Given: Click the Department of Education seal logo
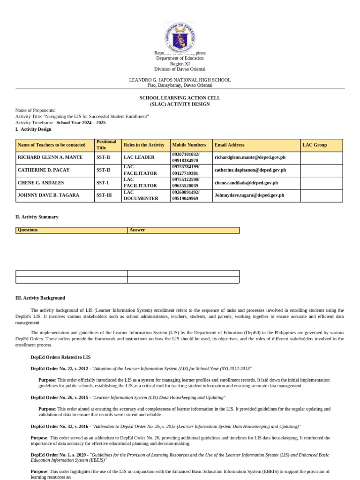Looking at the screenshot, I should pos(180,37).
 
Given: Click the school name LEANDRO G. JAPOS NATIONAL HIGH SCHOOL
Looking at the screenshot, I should pos(180,80).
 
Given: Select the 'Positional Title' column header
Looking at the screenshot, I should pos(106,145).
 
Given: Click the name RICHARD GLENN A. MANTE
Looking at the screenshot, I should pos(50,157).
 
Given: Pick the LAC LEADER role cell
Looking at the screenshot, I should pos(136,157).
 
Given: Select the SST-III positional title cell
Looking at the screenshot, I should pos(104,195).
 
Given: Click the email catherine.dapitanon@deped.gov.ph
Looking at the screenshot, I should pos(250,170).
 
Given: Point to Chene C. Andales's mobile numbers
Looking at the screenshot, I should pos(186,183).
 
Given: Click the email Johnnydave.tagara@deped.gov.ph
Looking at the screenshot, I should pos(249,195).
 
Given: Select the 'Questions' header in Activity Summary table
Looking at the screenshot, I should pos(28,230).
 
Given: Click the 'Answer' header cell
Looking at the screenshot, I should pos(137,230).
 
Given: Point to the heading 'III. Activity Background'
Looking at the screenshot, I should pos(40,298).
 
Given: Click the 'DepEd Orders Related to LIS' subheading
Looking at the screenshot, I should pos(60,357).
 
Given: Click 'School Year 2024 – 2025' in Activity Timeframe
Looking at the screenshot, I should pos(81,123).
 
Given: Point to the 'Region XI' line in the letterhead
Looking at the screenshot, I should pos(180,64).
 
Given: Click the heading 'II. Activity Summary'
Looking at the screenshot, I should pos(37,217).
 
